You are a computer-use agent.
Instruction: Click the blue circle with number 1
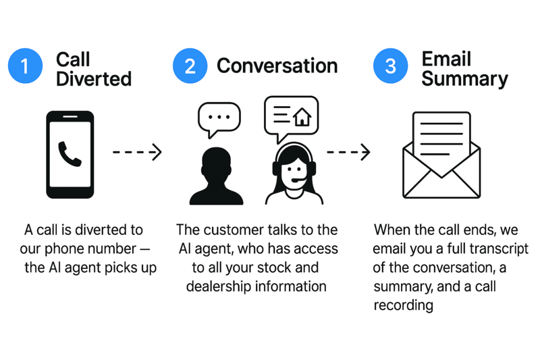25,66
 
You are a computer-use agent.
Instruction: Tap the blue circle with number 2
190,66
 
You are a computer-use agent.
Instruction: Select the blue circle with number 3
390,66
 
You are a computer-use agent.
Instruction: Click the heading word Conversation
277,66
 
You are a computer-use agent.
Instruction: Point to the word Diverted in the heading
93,79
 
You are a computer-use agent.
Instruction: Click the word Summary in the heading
464,79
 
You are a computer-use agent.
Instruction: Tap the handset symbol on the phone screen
70,154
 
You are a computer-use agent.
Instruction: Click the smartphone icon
70,155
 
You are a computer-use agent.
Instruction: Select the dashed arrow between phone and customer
137,152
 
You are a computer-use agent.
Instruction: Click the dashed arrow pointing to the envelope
348,152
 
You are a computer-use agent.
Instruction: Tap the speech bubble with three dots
219,117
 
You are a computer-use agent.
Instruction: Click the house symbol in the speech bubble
302,117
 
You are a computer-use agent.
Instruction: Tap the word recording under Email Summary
403,305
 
